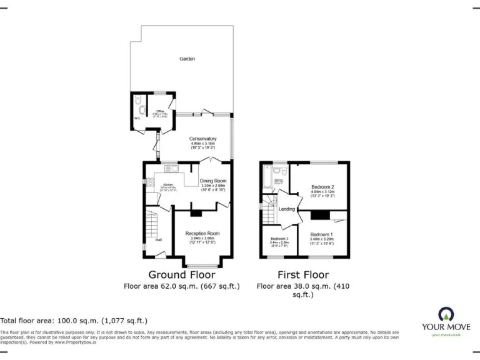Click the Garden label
(187, 59)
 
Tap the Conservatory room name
(204, 138)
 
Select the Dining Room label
(212, 181)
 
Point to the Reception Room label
(202, 233)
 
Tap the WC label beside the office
(137, 118)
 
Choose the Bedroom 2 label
(322, 187)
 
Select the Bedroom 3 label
(279, 239)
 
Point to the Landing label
(287, 209)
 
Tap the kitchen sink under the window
(171, 168)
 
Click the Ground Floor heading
(181, 274)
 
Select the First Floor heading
(303, 274)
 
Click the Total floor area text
(74, 320)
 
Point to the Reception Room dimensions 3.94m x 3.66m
(202, 238)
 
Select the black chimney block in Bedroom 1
(321, 216)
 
